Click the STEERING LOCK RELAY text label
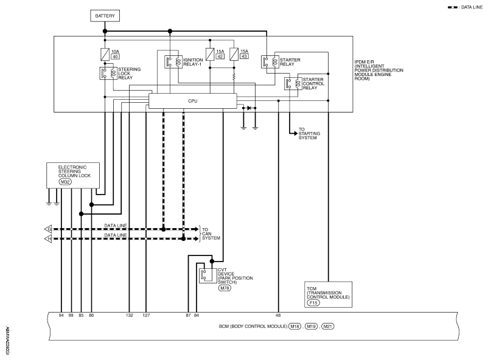129,73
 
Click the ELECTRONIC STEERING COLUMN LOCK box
72,173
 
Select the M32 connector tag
64,182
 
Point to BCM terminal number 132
129,316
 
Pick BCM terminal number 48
278,316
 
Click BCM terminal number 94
61,316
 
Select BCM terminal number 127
146,316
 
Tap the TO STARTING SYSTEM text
308,134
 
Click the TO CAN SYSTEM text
211,234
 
